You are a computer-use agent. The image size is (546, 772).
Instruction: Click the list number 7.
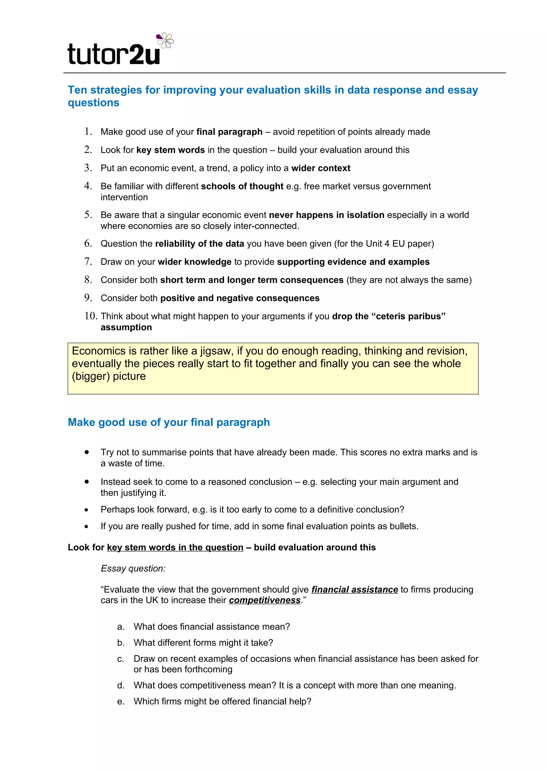pyautogui.click(x=88, y=261)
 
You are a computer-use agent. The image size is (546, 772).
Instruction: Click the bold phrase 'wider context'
pyautogui.click(x=321, y=168)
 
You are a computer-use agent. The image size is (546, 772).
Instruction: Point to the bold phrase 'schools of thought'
pyautogui.click(x=242, y=186)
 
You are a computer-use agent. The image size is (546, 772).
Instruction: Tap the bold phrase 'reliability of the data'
pyautogui.click(x=199, y=243)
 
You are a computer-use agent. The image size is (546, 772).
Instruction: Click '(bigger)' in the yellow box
pyautogui.click(x=91, y=376)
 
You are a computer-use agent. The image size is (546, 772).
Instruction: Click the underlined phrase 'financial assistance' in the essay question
pyautogui.click(x=355, y=590)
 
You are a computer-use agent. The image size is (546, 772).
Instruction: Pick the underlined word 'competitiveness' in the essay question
pyautogui.click(x=265, y=600)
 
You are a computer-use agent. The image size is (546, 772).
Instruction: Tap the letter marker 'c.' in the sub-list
pyautogui.click(x=121, y=659)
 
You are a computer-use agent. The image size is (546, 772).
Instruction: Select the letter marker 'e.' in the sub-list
pyautogui.click(x=121, y=701)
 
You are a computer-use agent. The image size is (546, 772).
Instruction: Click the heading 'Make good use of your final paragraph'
pyautogui.click(x=168, y=422)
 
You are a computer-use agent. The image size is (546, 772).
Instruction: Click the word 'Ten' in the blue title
pyautogui.click(x=77, y=90)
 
